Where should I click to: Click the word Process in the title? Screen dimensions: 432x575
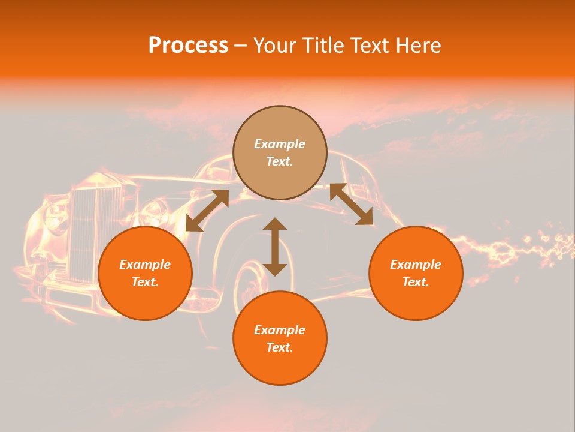pos(188,46)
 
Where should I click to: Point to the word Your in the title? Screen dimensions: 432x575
pos(276,46)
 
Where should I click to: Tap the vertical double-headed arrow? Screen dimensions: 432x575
pos(275,247)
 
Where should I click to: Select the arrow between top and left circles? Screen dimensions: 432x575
pos(207,210)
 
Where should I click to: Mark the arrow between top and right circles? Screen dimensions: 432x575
pos(351,204)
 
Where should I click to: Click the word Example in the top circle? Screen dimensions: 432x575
pos(280,144)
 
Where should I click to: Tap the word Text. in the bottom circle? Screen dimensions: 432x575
pos(280,347)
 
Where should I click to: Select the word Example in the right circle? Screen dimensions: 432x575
pos(416,265)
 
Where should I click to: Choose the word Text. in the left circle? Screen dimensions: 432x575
pos(145,282)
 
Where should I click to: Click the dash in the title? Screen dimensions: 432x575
pos(241,46)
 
